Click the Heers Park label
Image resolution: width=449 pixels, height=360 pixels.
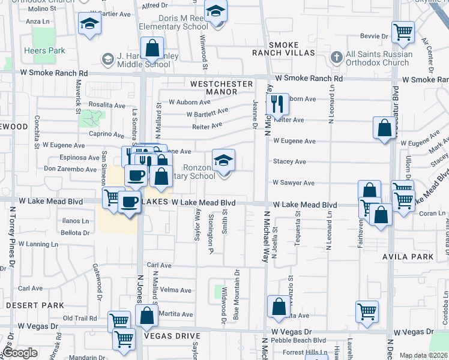(44, 51)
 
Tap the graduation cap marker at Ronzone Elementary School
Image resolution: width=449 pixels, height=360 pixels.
(224, 161)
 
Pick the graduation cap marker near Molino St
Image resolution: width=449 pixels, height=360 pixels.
(89, 24)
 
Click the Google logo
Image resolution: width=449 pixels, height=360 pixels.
(20, 353)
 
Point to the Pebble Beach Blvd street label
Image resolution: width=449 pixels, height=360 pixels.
(298, 340)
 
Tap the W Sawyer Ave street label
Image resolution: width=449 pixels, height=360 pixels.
(294, 182)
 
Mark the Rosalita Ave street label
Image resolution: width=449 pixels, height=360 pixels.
(106, 104)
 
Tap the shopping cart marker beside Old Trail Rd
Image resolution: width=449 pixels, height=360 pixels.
(119, 321)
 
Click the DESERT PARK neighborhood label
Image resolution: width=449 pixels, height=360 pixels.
(34, 305)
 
